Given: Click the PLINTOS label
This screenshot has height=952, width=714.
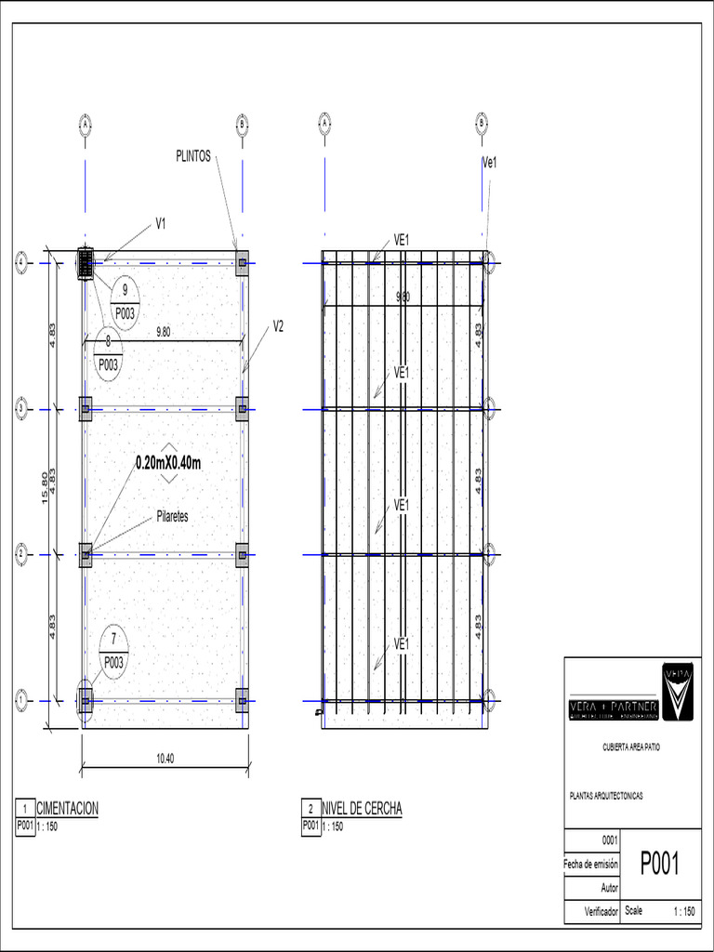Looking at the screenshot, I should coord(193,156).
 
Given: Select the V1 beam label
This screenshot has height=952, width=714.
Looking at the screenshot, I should coord(161,223).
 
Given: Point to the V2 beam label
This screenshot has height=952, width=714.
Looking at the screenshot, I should coord(278,325).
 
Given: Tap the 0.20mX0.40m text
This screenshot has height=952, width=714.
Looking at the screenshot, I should coord(168,462).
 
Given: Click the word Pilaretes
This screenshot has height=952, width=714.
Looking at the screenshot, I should coord(167,517).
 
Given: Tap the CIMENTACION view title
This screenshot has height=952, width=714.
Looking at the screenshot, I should coord(66,809).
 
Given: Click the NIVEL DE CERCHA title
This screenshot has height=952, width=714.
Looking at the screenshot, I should coord(362,809).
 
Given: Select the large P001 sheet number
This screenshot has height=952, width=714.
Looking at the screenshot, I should coord(660,865).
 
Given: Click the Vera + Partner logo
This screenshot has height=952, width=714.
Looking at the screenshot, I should coord(632,693).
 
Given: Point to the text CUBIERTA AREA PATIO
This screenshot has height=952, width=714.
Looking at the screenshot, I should coord(632,747).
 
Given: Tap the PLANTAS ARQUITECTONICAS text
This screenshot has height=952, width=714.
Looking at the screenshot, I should coord(605,796).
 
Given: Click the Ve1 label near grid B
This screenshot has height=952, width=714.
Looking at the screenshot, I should coord(490,162).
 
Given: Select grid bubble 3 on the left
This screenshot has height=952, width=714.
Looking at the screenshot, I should coord(21,408).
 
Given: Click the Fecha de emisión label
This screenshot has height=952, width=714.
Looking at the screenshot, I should coord(591,864).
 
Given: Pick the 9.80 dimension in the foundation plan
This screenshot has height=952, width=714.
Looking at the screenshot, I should coord(163,331).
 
